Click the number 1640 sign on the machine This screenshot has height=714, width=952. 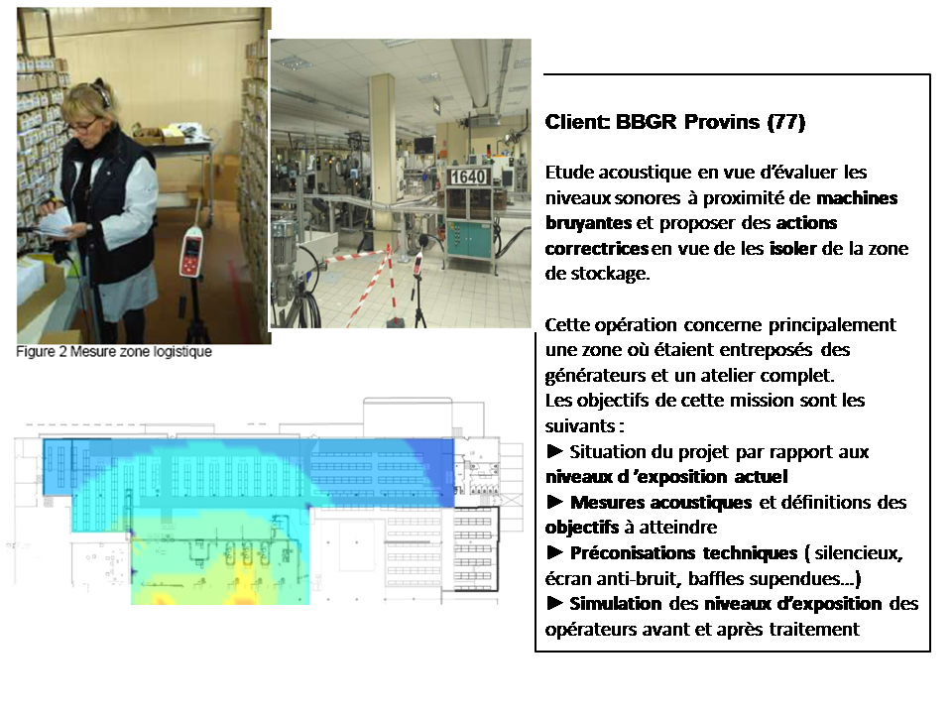point(468,177)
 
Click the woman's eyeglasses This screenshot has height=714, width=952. point(83,126)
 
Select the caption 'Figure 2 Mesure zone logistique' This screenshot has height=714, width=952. point(114,351)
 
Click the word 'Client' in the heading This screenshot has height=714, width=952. point(577,122)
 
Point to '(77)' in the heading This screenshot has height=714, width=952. point(786,122)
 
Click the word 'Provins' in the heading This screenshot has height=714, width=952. point(722,122)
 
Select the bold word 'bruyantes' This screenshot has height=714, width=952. point(588,223)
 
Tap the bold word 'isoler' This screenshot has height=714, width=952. point(792,248)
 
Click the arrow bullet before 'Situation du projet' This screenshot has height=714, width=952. point(555,451)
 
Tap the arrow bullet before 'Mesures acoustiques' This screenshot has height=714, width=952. point(555,502)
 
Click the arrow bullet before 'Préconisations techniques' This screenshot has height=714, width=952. point(555,552)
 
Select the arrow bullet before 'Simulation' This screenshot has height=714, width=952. point(555,603)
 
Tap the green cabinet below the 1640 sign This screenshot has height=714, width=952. point(469,239)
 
